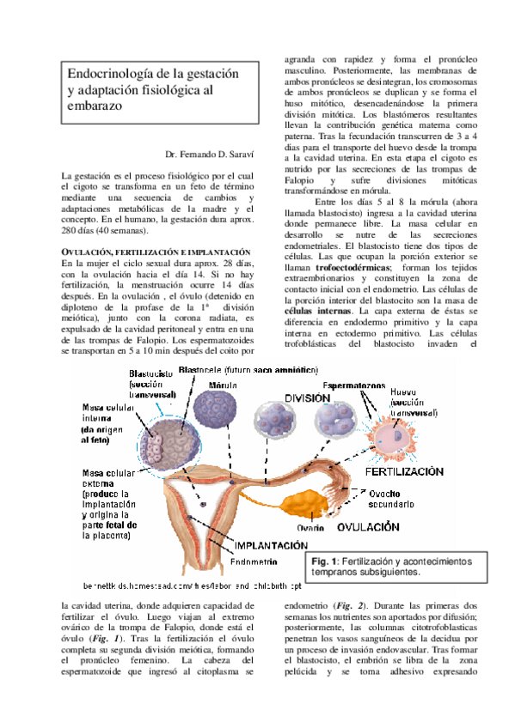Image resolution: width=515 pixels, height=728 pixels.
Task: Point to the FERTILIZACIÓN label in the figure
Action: pyautogui.click(x=404, y=472)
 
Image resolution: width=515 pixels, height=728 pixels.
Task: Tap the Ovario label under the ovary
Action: pyautogui.click(x=310, y=527)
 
